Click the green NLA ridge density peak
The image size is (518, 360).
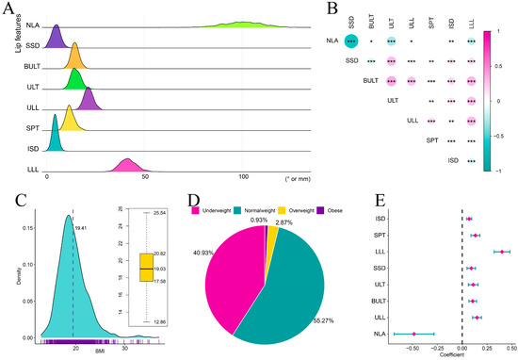(x=244, y=23)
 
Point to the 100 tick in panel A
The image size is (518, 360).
(x=244, y=179)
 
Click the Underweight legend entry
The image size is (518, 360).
(x=227, y=202)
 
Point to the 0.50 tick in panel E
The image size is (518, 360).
(x=510, y=346)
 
